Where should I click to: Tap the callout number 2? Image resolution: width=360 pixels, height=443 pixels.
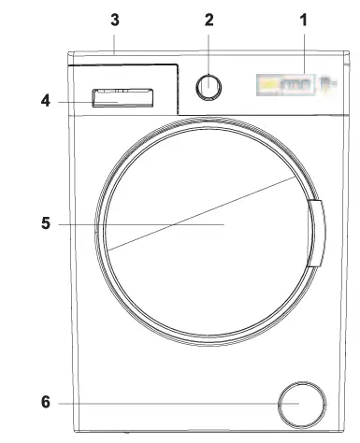coord(209,18)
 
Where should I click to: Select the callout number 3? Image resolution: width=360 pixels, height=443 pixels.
coord(114,18)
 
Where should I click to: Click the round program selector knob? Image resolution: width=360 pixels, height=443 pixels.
coord(209,86)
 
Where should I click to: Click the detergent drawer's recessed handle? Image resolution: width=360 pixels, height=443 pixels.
coord(123,95)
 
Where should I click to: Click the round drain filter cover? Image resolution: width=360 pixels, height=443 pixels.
coord(301,403)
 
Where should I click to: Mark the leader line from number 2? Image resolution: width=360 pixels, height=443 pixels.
coord(209,51)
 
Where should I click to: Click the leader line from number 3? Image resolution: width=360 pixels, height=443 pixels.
coord(114,42)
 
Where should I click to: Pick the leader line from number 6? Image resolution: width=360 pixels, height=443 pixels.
coord(168,403)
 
